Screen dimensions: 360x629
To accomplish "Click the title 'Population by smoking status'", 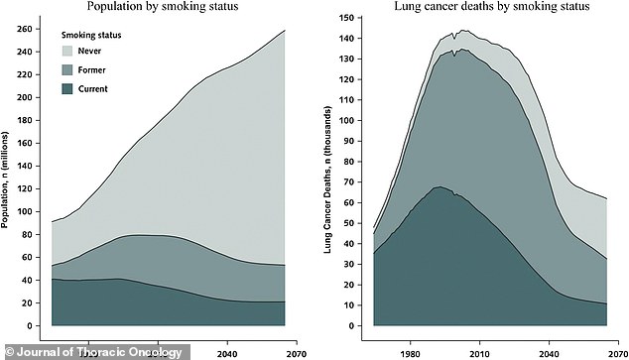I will [168, 7].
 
